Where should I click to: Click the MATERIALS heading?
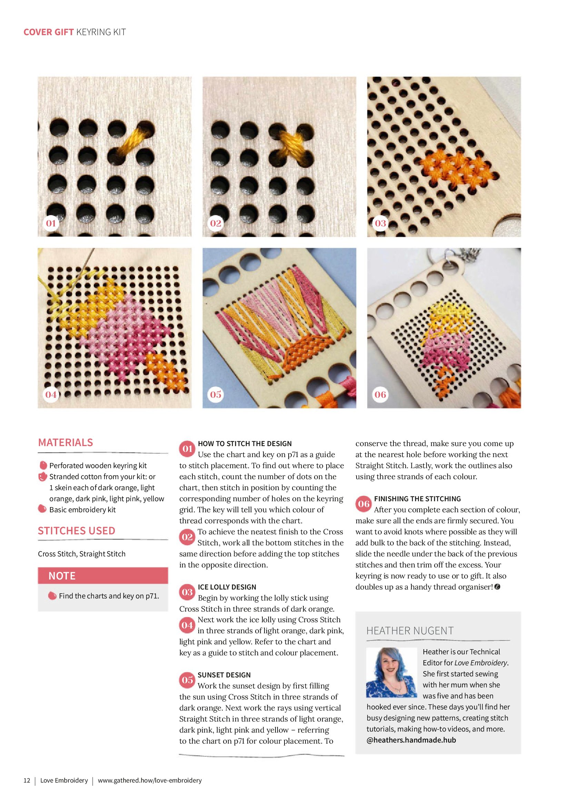(x=65, y=442)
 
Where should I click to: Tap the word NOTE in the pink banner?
(x=62, y=576)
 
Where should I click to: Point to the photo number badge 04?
(x=51, y=394)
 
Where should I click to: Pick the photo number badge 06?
(x=380, y=394)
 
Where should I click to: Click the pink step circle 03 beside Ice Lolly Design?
(x=187, y=592)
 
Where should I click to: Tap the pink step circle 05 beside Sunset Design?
(x=187, y=680)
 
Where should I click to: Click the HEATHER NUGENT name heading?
(x=410, y=631)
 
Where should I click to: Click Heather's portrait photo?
(x=392, y=672)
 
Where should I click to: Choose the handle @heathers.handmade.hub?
(x=411, y=740)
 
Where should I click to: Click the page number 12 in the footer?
(x=27, y=780)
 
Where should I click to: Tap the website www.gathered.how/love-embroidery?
(x=150, y=780)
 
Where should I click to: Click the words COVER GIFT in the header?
(x=49, y=32)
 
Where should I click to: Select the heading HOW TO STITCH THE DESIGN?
(x=245, y=444)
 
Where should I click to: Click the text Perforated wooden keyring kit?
(x=98, y=465)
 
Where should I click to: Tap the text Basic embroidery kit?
(x=82, y=510)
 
